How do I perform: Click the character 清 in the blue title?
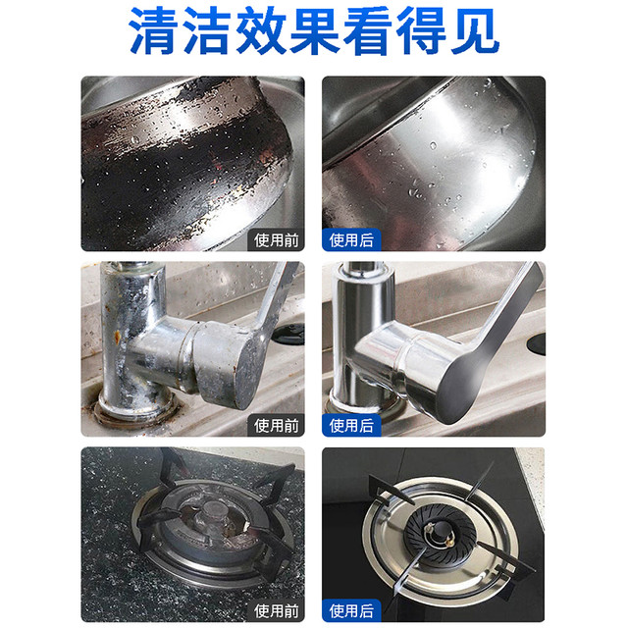153,30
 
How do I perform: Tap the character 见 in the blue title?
475,30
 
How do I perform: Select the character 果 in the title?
314,30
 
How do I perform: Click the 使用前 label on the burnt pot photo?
277,240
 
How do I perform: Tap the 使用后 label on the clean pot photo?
351,240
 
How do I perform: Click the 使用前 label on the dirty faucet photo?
277,425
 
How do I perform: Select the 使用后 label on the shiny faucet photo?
351,425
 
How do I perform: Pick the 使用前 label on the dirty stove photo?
277,611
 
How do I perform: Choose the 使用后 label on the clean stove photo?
351,611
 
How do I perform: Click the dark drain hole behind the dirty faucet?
289,334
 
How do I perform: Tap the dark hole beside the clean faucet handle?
537,343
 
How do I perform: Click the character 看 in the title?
368,30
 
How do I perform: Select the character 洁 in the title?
207,30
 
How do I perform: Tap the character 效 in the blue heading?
260,30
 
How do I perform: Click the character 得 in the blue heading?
421,30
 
